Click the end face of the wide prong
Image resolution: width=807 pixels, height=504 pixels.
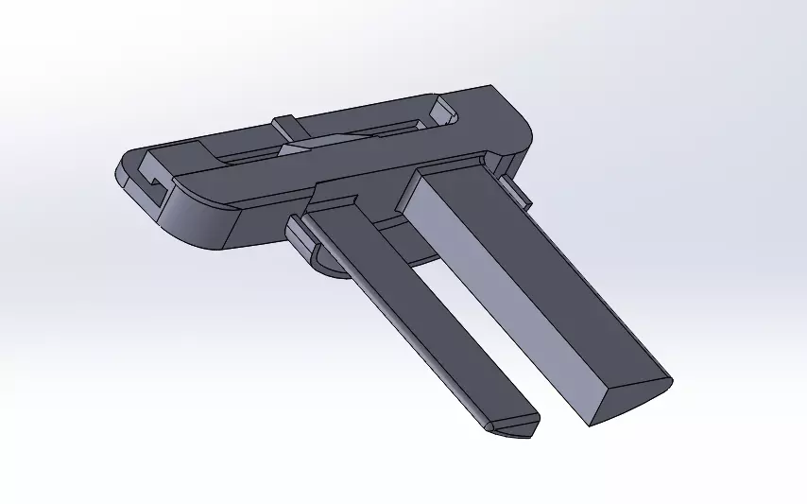[x=628, y=397]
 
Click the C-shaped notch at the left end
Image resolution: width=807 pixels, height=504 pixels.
[x=149, y=180]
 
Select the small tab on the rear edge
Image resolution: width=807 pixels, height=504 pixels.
[x=287, y=126]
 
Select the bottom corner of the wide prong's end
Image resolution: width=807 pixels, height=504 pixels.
[x=591, y=421]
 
